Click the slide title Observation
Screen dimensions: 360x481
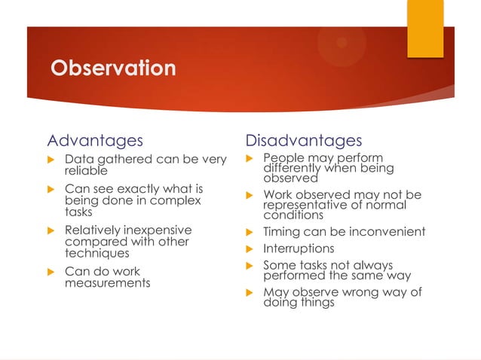[x=112, y=69]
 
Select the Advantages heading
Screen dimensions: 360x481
[x=94, y=141]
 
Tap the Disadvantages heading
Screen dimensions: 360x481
[x=303, y=141]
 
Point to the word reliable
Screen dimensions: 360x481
[x=86, y=171]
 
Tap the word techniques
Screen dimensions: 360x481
[x=97, y=254]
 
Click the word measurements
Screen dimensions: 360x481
[x=107, y=283]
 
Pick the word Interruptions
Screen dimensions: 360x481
[x=298, y=249]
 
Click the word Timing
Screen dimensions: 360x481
[x=281, y=232]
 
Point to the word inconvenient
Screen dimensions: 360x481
[x=386, y=232]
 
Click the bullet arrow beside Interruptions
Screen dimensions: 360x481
[x=251, y=249]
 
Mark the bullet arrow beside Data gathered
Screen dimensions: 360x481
[x=52, y=160]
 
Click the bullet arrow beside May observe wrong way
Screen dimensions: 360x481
[x=251, y=293]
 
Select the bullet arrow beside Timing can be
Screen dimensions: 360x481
[x=251, y=233]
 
